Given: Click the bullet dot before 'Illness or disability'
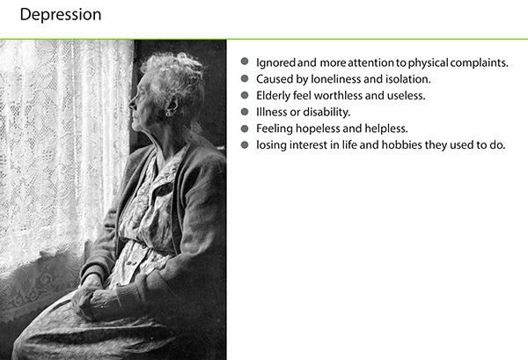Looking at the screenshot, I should point(244,112).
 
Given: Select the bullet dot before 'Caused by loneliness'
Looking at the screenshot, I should point(244,78).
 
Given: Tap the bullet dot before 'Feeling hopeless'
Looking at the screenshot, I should point(244,129).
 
